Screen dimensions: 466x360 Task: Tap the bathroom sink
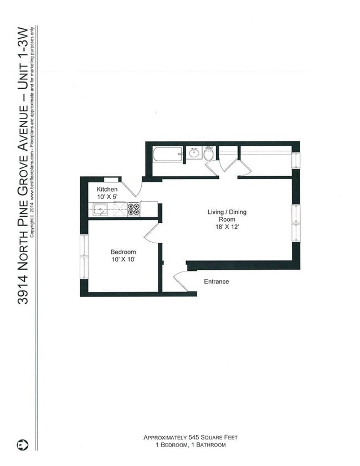tap(194, 153)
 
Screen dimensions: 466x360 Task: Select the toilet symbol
tap(208, 153)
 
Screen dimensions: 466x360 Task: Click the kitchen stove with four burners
tap(133, 209)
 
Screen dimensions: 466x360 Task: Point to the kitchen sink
tap(101, 209)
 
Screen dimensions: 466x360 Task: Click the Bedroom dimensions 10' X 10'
tap(122, 259)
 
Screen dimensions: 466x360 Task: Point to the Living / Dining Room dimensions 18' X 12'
tap(227, 227)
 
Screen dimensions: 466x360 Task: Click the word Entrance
tap(216, 281)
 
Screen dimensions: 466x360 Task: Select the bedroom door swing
tap(151, 232)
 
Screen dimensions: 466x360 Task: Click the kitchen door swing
tap(132, 188)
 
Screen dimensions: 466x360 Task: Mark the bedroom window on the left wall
tap(84, 254)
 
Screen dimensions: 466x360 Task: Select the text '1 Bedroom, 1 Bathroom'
tap(192, 445)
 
